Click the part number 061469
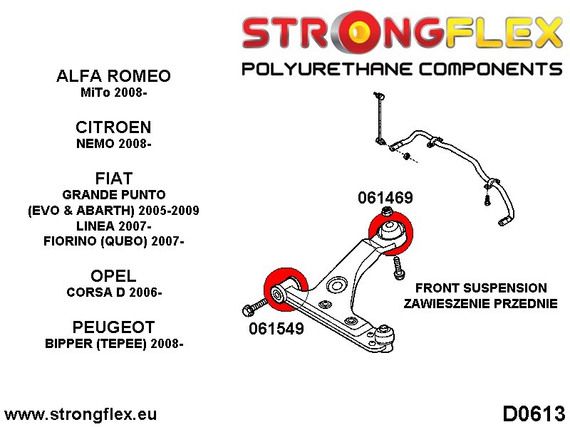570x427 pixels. [x=385, y=198]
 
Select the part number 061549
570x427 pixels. [x=276, y=329]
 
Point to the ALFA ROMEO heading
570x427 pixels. [x=114, y=77]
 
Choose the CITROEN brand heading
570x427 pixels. [x=114, y=127]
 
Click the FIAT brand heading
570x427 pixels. [x=114, y=177]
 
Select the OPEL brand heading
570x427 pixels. [x=114, y=276]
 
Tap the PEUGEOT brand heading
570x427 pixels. [x=114, y=327]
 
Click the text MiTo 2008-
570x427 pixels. [x=114, y=93]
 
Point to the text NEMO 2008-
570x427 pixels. [x=114, y=144]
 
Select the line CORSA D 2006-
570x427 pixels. [x=114, y=292]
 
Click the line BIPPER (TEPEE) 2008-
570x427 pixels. [x=114, y=343]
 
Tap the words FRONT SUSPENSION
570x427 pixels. [x=481, y=288]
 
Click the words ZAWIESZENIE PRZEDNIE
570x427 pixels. [x=481, y=305]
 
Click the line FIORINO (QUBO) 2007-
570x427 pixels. [x=114, y=241]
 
